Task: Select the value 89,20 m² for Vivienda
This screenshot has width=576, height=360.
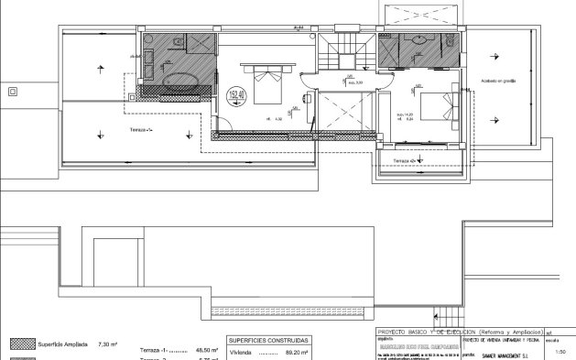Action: (296, 351)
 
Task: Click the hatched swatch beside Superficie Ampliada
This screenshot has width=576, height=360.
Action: (19, 344)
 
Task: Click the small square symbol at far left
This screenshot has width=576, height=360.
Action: (13, 91)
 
